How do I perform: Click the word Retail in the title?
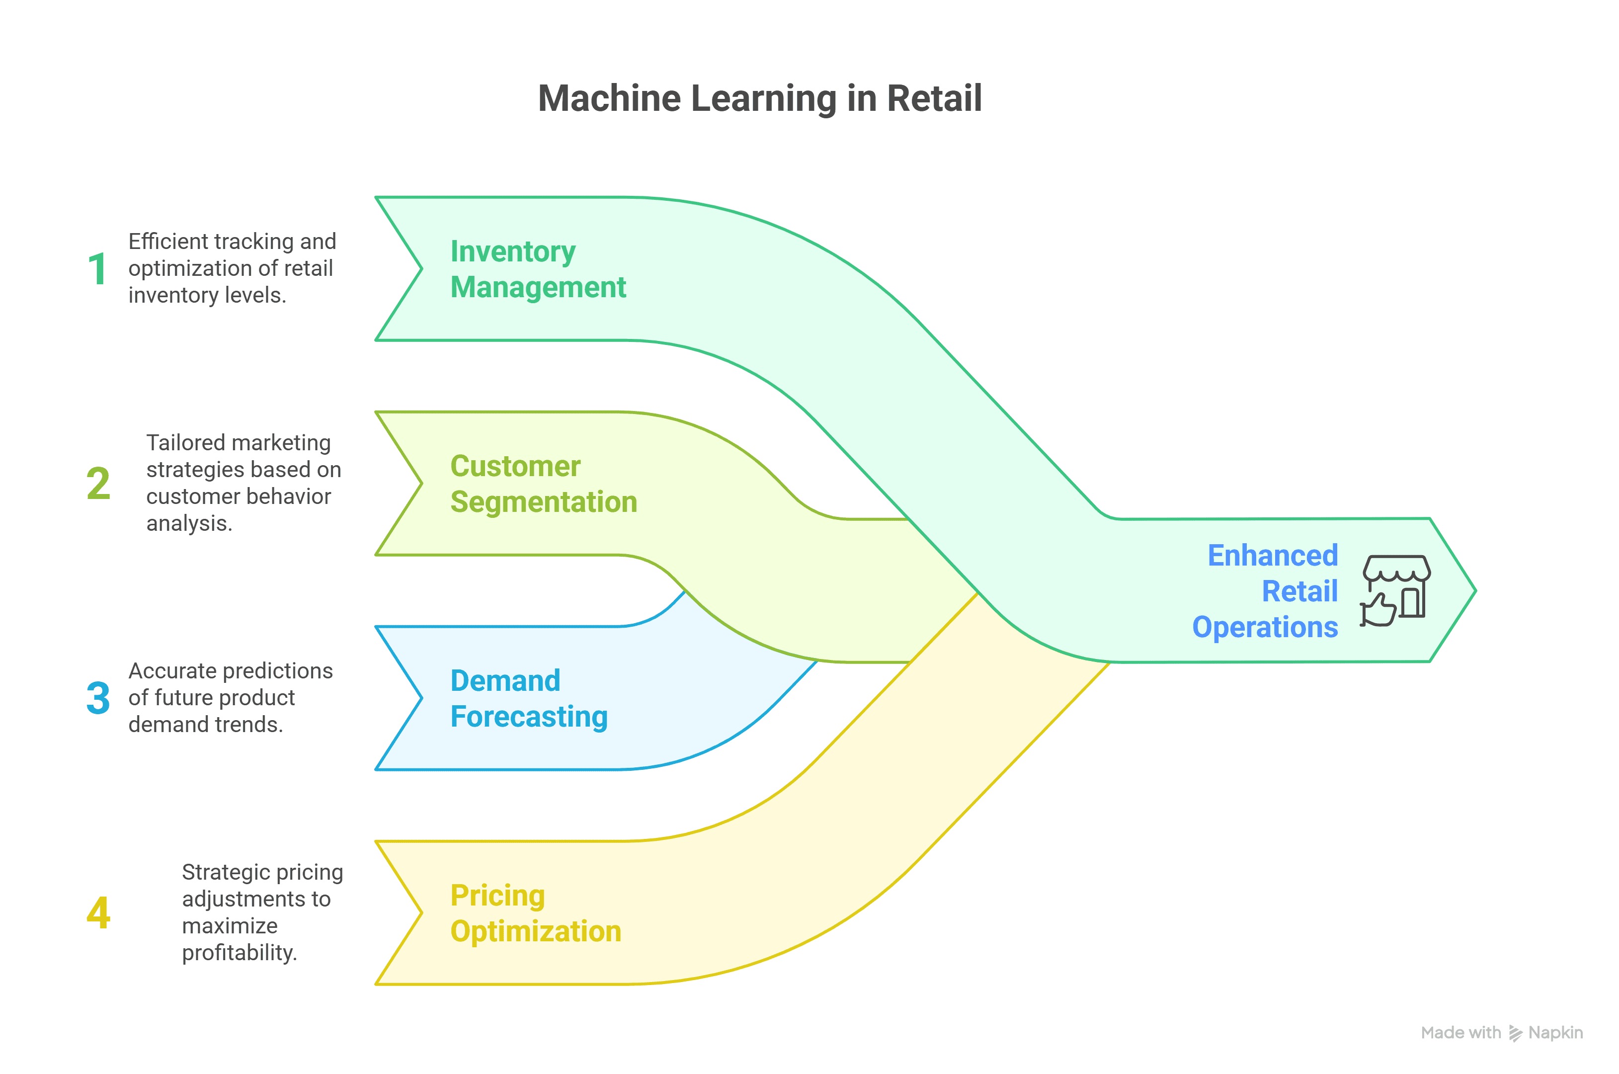[x=934, y=98]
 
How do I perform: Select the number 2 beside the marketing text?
[x=98, y=483]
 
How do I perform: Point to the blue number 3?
[x=98, y=698]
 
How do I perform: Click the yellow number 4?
[x=98, y=912]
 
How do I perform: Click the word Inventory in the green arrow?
[x=512, y=251]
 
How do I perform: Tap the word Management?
[x=538, y=287]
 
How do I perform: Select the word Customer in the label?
[x=515, y=467]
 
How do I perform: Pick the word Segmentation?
[x=543, y=502]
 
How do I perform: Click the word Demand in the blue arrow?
[x=505, y=681]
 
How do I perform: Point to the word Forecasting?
[x=529, y=717]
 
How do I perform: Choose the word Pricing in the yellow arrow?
[x=497, y=896]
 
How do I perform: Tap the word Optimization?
[x=536, y=931]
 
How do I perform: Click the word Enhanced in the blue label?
[x=1272, y=556]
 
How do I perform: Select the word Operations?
[x=1264, y=627]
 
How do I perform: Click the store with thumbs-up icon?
[x=1395, y=590]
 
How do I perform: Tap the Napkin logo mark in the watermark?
[x=1515, y=1033]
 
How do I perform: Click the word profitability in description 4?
[x=239, y=953]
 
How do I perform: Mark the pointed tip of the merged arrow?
[x=1474, y=590]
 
